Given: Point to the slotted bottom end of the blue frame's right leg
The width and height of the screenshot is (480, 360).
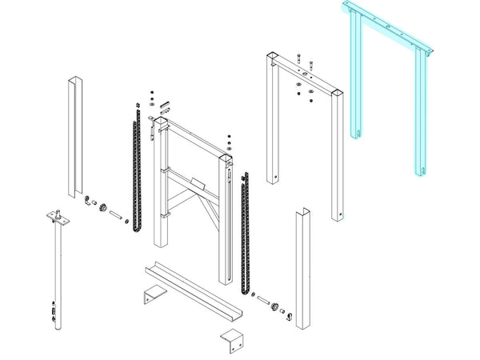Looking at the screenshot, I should (x=417, y=167).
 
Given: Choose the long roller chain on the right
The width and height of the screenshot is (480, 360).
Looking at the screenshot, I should (x=245, y=232).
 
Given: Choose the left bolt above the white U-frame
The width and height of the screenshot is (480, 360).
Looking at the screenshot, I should (x=298, y=60).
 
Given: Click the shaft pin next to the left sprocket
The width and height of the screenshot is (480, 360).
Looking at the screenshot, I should (x=116, y=214).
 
